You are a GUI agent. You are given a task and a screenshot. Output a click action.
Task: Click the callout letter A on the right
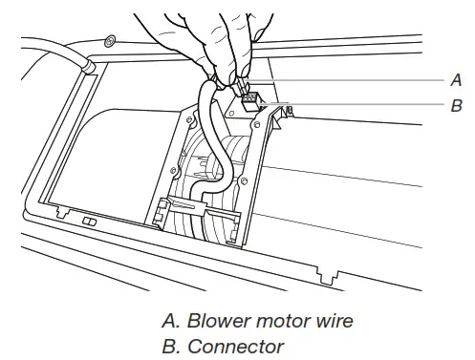click(x=455, y=81)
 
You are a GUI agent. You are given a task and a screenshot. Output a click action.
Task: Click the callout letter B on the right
click(x=455, y=106)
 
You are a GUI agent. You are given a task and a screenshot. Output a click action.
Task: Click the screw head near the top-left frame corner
click(x=112, y=41)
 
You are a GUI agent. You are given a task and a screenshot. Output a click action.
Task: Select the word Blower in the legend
click(x=213, y=321)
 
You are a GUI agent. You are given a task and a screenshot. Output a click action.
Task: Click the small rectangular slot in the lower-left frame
click(x=88, y=221)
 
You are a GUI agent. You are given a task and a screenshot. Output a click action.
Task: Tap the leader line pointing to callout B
click(x=363, y=103)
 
